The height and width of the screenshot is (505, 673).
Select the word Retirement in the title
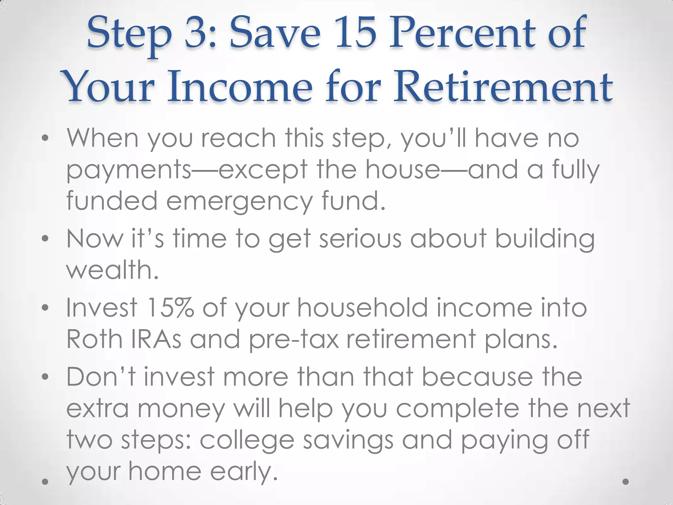503,87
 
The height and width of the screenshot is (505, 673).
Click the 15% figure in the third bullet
171,308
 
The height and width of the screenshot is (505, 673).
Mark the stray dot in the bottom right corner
626,482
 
